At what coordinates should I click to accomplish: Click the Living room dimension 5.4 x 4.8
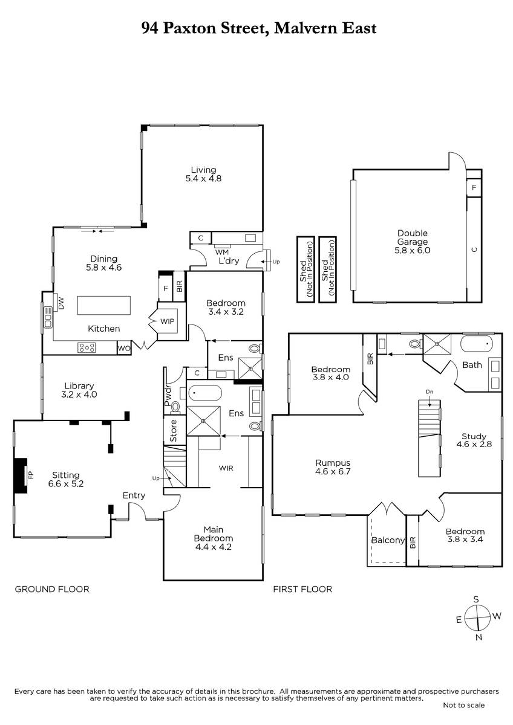click(x=203, y=178)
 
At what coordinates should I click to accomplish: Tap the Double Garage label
click(x=412, y=237)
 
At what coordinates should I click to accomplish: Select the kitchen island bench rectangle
click(x=103, y=305)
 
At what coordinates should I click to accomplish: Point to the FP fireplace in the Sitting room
click(x=22, y=475)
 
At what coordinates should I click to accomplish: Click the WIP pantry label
click(x=167, y=321)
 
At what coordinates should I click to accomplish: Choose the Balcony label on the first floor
click(x=388, y=540)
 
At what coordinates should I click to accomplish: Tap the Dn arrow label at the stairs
click(x=430, y=391)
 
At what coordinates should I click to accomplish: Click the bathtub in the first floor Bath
click(x=476, y=344)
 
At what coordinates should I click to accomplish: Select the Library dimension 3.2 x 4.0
click(x=79, y=394)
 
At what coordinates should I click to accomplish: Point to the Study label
click(x=474, y=436)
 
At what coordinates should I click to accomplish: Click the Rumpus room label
click(x=333, y=463)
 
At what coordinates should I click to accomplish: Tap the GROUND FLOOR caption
click(x=52, y=589)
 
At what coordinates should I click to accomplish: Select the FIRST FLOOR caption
click(x=302, y=589)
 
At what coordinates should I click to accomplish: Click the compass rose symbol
click(x=478, y=618)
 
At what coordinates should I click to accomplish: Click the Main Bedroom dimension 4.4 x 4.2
click(x=213, y=547)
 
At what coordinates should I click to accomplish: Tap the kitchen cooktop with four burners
click(x=87, y=347)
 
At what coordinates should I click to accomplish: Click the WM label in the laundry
click(x=221, y=252)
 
